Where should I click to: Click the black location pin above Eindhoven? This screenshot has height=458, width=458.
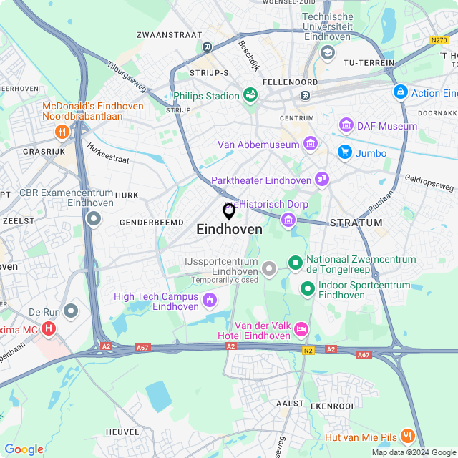tap(229, 211)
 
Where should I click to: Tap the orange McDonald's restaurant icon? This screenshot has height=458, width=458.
tap(62, 131)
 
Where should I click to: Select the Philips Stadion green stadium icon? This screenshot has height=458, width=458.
tap(250, 95)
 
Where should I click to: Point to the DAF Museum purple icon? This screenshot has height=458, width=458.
tap(347, 126)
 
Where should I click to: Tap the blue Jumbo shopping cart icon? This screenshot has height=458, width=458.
tap(344, 152)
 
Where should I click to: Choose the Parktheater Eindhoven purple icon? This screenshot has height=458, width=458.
tap(321, 180)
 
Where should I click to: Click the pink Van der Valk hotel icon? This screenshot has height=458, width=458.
tap(301, 328)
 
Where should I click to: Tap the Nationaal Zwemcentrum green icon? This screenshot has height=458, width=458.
tap(295, 263)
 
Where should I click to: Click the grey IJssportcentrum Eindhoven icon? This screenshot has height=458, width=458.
tap(268, 269)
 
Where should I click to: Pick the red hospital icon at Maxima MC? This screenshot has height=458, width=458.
tap(49, 329)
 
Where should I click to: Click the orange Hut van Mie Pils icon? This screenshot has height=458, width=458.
tap(407, 436)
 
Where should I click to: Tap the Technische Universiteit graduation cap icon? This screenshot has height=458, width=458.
tap(328, 52)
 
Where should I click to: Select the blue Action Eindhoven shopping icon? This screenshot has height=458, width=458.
tap(400, 92)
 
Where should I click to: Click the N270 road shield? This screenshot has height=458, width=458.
tap(439, 40)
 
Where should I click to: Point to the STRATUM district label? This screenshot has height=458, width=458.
tap(352, 223)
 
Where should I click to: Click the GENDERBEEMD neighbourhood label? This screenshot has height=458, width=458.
tap(151, 223)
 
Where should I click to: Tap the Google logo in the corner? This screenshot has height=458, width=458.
tap(24, 449)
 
